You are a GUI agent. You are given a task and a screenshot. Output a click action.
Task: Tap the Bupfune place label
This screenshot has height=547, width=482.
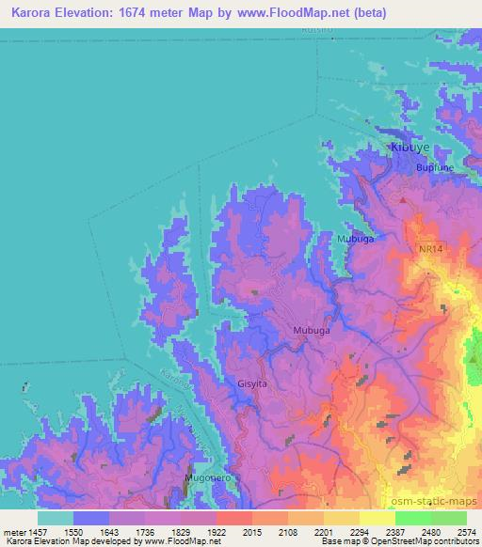coord(435,167)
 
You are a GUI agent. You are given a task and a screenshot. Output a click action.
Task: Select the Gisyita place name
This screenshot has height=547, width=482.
coord(252,383)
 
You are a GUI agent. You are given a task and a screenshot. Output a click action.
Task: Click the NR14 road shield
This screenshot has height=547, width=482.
coord(431,249)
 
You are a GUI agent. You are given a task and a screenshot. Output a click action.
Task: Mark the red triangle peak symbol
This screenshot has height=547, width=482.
coord(404,199)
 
